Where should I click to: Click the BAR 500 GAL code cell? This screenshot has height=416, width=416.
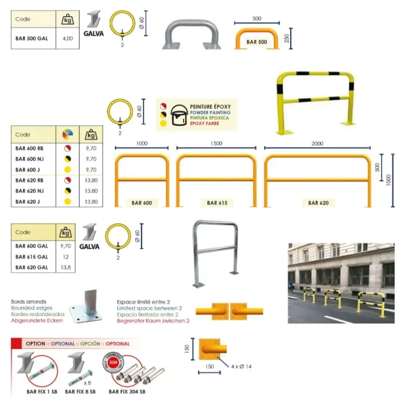(32, 39)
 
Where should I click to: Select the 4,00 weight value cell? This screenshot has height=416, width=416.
(68, 39)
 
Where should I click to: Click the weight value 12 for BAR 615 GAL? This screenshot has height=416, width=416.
(65, 257)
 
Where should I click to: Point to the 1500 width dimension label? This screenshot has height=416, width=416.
(216, 143)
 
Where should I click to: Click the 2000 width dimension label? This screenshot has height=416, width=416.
(317, 143)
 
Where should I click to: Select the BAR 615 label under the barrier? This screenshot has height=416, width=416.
(216, 203)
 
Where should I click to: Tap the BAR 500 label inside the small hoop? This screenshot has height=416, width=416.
(256, 42)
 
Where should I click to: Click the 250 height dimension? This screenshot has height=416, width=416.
(287, 38)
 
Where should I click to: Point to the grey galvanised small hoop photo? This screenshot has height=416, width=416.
(191, 34)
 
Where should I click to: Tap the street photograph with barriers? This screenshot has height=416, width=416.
(341, 283)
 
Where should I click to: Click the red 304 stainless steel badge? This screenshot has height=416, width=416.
(113, 362)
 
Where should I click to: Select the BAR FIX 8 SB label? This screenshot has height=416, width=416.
(80, 391)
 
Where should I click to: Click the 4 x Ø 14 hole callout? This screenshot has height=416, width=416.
(240, 367)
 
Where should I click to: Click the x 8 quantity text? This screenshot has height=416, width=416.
(87, 382)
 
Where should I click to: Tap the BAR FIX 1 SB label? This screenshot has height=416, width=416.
(41, 391)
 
